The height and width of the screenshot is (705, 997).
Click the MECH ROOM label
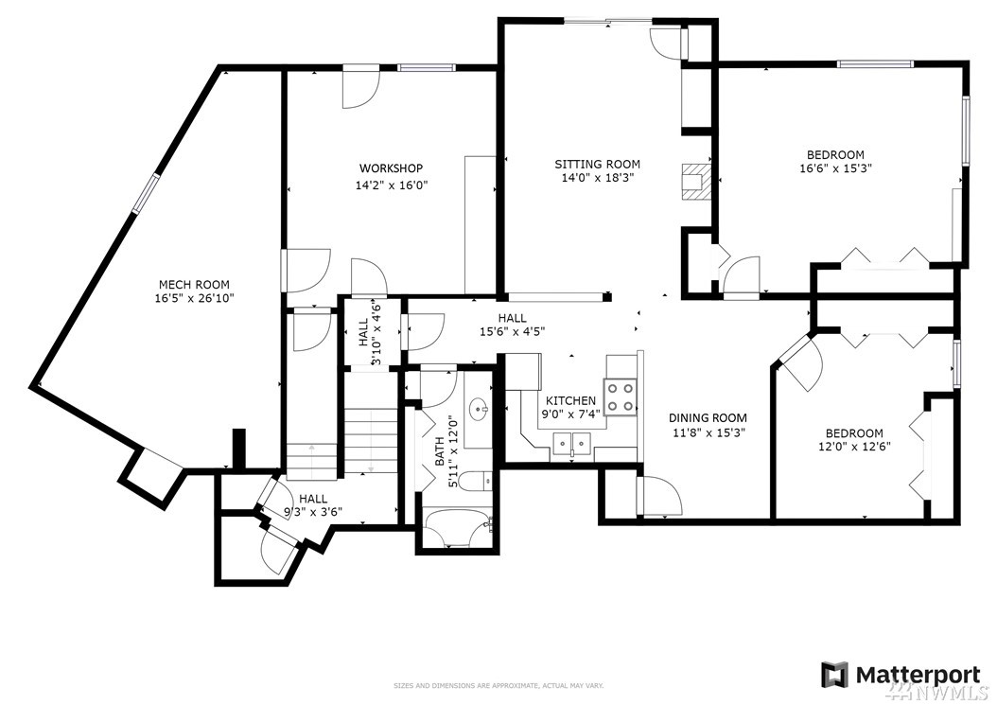(194, 285)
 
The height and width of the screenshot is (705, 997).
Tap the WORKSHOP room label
(391, 168)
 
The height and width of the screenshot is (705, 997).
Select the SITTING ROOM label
(598, 164)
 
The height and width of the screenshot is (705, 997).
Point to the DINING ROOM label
(708, 418)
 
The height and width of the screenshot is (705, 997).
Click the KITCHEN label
(571, 401)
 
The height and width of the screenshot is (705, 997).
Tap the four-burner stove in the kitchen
(621, 397)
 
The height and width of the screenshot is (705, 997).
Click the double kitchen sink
(572, 442)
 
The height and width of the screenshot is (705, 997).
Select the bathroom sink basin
(478, 409)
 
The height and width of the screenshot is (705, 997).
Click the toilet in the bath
(474, 481)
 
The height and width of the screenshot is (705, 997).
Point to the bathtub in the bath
(459, 527)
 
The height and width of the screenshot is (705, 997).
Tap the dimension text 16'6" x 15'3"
(835, 169)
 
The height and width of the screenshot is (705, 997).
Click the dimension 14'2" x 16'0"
(391, 185)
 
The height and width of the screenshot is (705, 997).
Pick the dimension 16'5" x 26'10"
(194, 298)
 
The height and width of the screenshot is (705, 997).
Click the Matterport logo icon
(834, 675)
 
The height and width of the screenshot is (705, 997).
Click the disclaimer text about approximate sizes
(498, 686)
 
